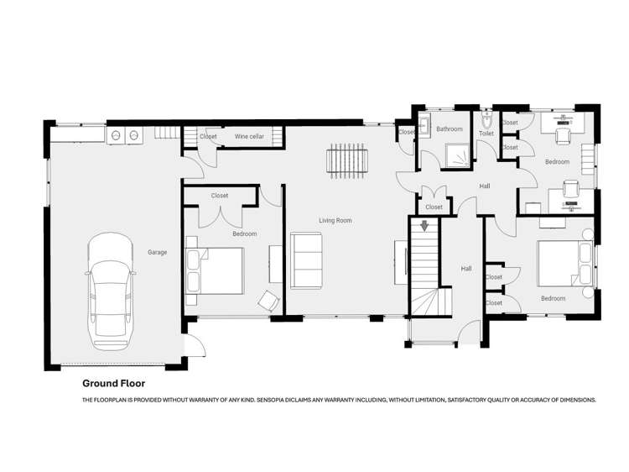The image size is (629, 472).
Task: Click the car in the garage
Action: pos(111,291)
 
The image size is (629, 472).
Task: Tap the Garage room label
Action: pos(157,252)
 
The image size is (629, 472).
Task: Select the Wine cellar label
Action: pos(248,136)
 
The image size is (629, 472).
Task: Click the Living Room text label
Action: pos(335,220)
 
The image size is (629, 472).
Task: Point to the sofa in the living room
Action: pos(305,260)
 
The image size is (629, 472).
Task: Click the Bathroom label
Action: pos(449,128)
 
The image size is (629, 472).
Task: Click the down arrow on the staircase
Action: pos(425,225)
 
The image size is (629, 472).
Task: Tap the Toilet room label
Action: pos(486,134)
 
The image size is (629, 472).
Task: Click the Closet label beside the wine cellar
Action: pos(208,136)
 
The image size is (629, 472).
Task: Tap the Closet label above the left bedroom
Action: pos(220,196)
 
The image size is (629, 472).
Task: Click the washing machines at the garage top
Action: pos(124,134)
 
